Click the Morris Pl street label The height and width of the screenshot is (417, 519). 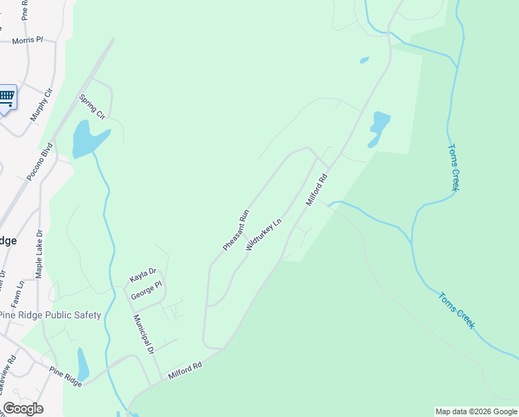coord(27,40)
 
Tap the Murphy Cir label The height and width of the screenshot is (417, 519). coord(42,105)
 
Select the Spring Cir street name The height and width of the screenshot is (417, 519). coord(92,106)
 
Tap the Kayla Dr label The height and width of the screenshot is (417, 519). coord(143,276)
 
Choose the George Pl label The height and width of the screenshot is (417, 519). coord(146,290)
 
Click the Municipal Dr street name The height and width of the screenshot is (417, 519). coord(144,334)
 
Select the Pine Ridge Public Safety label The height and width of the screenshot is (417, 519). coord(50,315)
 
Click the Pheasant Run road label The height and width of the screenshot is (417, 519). coord(236,230)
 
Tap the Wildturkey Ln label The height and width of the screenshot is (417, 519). coord(263,236)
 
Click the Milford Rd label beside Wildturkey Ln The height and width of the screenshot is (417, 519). coord(316,190)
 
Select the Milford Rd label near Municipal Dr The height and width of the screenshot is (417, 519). coord(185,370)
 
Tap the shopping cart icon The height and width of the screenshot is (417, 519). coord(6,97)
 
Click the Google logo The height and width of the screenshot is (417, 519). coord(23,408)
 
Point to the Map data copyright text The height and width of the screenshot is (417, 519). coord(477,411)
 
